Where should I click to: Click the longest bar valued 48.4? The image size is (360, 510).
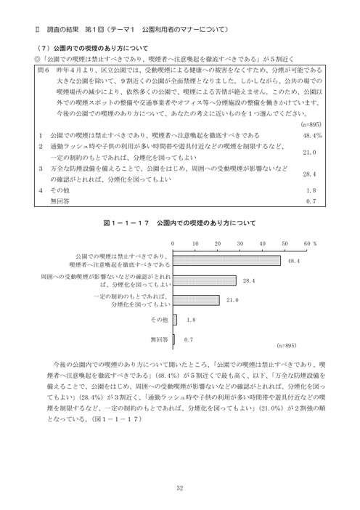tap(227, 259)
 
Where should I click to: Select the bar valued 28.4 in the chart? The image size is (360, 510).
tap(205, 280)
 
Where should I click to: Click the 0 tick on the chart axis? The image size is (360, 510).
tap(173, 243)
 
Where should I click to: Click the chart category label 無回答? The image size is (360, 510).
tap(158, 339)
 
